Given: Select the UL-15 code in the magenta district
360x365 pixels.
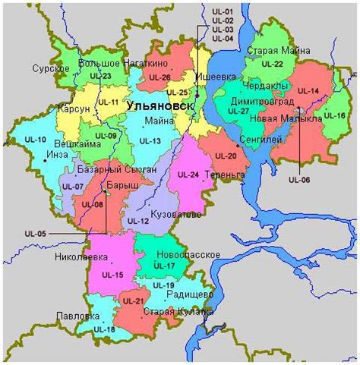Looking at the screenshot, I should pyautogui.click(x=112, y=274).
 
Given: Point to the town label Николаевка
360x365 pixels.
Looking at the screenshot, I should pyautogui.click(x=79, y=256).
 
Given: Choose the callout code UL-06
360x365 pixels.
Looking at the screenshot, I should pyautogui.click(x=299, y=180).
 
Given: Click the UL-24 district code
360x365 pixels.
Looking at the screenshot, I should pyautogui.click(x=188, y=175).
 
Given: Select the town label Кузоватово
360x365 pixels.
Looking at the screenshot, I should pyautogui.click(x=175, y=215).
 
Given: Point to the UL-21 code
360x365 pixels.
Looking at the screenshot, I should pyautogui.click(x=133, y=301).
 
